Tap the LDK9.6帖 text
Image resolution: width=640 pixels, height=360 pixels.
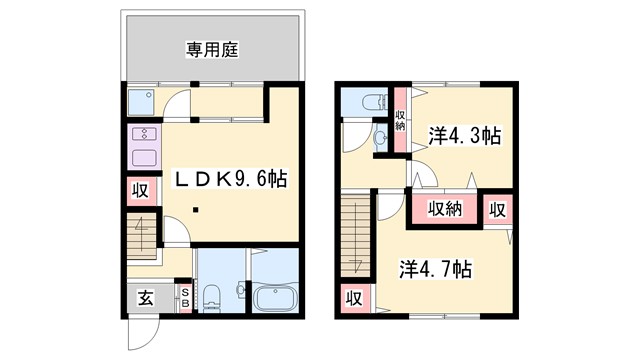231,180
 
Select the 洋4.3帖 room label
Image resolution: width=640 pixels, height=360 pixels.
466,137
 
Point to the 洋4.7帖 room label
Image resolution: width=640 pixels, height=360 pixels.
437,269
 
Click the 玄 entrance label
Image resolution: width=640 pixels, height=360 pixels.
145,297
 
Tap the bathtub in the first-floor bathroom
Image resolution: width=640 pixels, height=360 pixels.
273,298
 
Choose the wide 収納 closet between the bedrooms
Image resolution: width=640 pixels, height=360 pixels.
445,209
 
